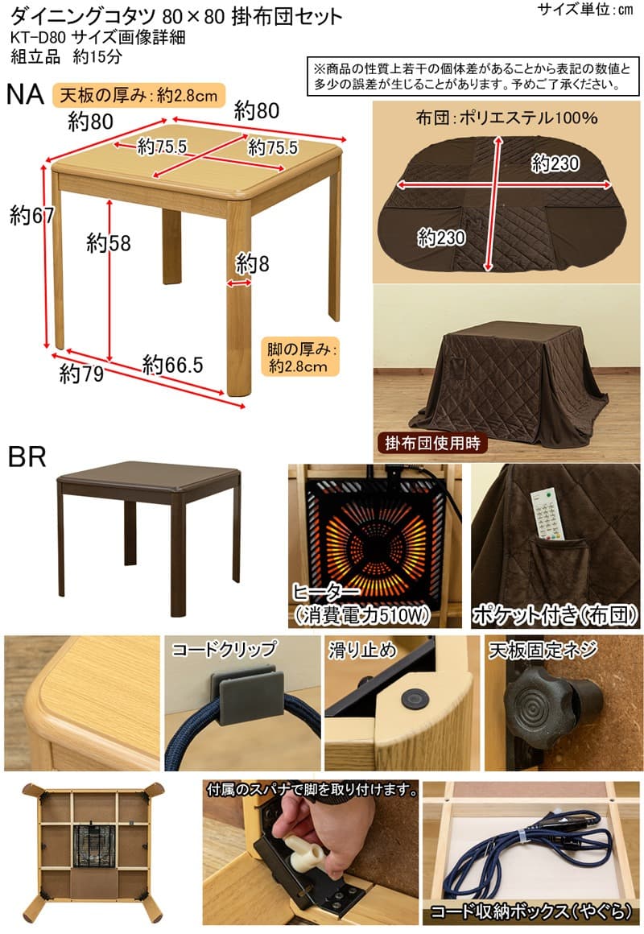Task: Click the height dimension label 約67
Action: (x=27, y=216)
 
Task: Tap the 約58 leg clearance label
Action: (x=108, y=242)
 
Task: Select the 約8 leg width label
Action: (x=251, y=263)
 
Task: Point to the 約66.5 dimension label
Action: (x=172, y=365)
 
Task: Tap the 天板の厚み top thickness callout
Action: (x=136, y=96)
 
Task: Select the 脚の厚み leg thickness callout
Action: (x=299, y=358)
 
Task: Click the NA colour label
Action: (x=26, y=96)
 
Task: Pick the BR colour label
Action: (x=27, y=457)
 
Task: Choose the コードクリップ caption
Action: (x=224, y=649)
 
